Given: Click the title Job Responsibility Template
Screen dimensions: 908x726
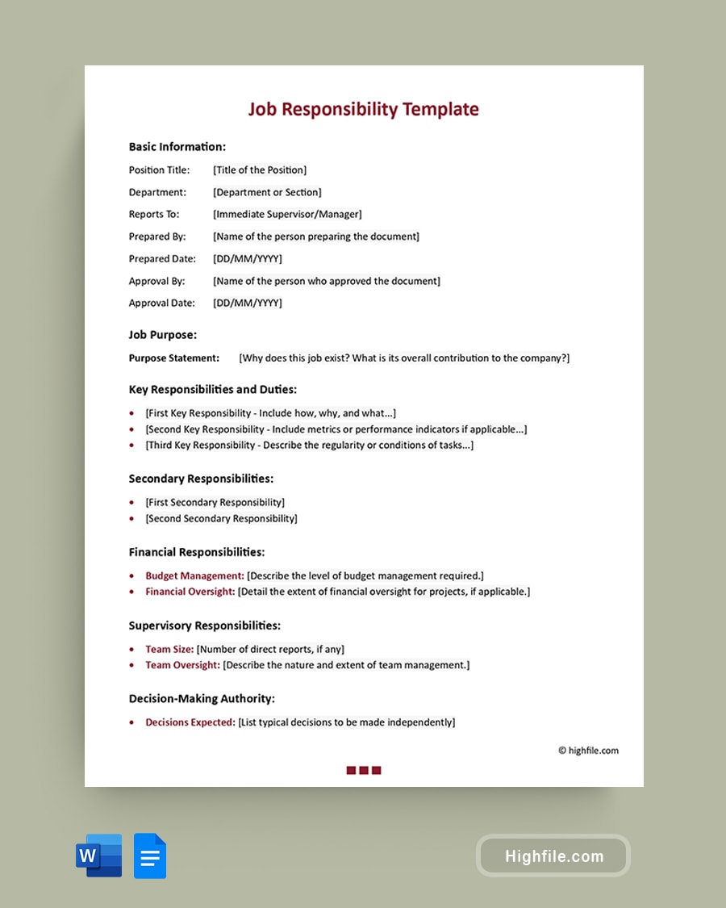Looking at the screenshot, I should (x=363, y=109).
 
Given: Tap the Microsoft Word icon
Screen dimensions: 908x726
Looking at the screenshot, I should (x=99, y=856).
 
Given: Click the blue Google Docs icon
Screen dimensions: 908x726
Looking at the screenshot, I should (x=150, y=856).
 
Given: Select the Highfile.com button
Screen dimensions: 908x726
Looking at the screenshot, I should (x=553, y=856).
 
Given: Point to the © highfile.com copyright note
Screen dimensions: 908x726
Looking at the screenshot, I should (x=588, y=751).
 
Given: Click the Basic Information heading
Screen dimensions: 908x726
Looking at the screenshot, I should (x=177, y=147).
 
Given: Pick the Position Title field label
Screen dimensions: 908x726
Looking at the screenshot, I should (x=160, y=170).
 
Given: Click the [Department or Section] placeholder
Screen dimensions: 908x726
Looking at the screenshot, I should (x=267, y=192).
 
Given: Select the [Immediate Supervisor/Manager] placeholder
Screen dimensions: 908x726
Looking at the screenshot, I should (x=287, y=215).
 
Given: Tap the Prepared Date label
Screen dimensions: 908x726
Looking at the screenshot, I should (x=162, y=259).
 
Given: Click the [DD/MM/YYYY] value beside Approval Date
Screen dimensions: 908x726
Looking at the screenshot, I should (x=248, y=303).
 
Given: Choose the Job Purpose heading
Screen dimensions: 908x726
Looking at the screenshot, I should (x=163, y=335).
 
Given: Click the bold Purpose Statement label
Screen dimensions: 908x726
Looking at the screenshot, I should (x=174, y=358).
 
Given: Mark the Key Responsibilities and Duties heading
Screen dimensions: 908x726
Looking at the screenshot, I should (x=213, y=390).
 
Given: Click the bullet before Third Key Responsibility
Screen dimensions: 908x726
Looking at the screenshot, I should (x=131, y=446).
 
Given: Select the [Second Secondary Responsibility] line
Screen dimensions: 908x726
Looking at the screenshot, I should (x=221, y=519).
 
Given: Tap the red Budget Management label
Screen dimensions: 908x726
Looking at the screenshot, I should (x=194, y=576).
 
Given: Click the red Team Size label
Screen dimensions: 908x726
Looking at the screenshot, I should (x=169, y=650).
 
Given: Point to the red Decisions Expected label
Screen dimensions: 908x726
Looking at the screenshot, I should (x=190, y=723).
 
